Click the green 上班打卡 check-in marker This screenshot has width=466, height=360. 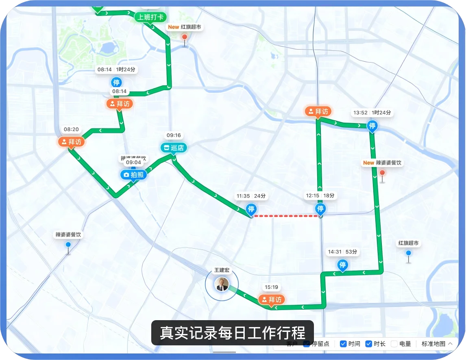point(150,17)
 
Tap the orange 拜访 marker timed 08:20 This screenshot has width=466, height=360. point(71,142)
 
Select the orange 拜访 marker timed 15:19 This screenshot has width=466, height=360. point(271,300)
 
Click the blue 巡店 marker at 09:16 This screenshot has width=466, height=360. point(174,148)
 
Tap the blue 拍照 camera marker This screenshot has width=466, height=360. point(133,175)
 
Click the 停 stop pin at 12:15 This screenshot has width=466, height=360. point(320,209)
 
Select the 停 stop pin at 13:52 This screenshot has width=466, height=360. point(372,126)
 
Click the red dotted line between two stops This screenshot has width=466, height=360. point(285,216)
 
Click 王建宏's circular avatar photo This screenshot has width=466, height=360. point(222,284)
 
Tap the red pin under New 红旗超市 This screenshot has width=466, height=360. point(185,37)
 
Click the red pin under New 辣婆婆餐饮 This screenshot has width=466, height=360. point(382,173)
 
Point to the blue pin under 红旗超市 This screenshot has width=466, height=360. point(408,253)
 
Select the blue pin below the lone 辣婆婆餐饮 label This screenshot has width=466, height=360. point(68,245)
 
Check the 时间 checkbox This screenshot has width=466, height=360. point(343,344)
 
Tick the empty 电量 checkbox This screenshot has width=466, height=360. point(394,344)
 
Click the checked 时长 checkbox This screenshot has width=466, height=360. point(368,344)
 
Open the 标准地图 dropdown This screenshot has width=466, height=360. point(437,344)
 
